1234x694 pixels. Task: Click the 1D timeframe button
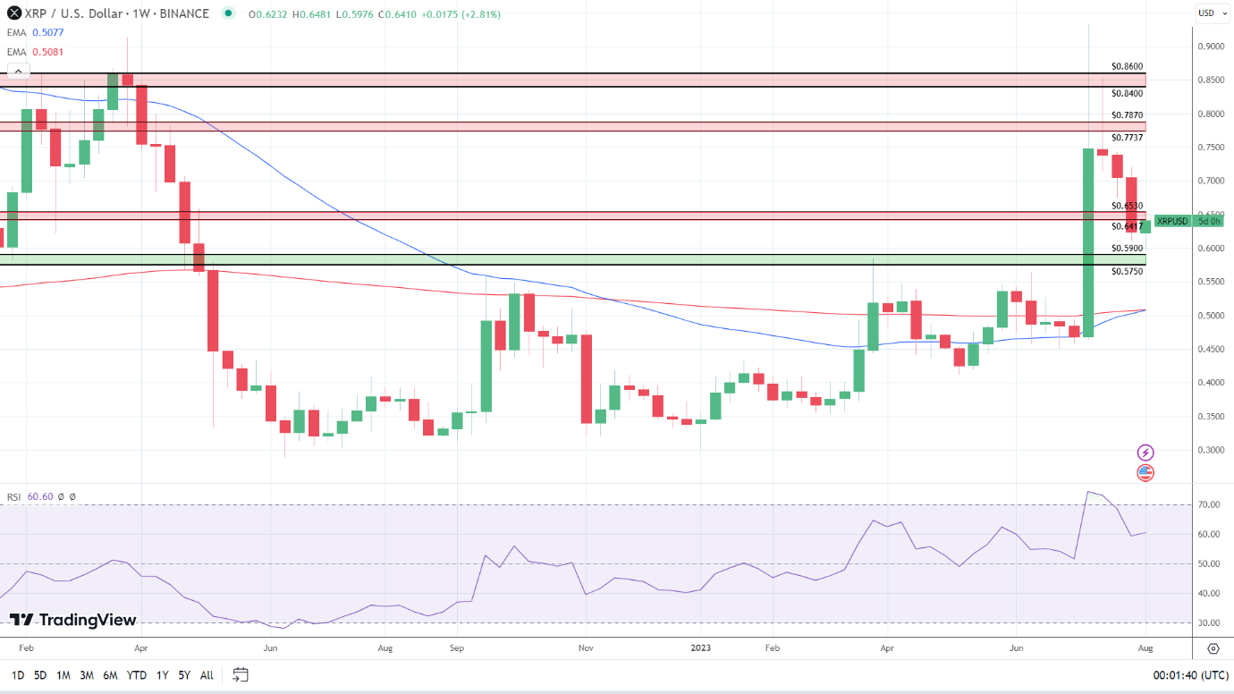click(18, 675)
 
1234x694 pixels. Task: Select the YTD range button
click(137, 675)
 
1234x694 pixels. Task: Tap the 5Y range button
click(183, 675)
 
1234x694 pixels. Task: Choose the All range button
click(207, 675)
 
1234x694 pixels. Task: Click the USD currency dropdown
click(1206, 13)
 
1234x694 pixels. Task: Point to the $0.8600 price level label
click(1127, 66)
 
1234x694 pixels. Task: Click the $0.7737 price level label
click(1127, 138)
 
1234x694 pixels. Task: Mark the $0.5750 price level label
click(1127, 271)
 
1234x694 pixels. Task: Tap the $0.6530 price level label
click(1127, 206)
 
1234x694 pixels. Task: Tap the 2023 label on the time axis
click(702, 647)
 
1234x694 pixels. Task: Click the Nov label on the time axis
click(586, 647)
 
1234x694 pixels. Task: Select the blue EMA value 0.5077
click(47, 32)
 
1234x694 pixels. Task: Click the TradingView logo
click(73, 620)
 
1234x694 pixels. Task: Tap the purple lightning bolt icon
click(1145, 453)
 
